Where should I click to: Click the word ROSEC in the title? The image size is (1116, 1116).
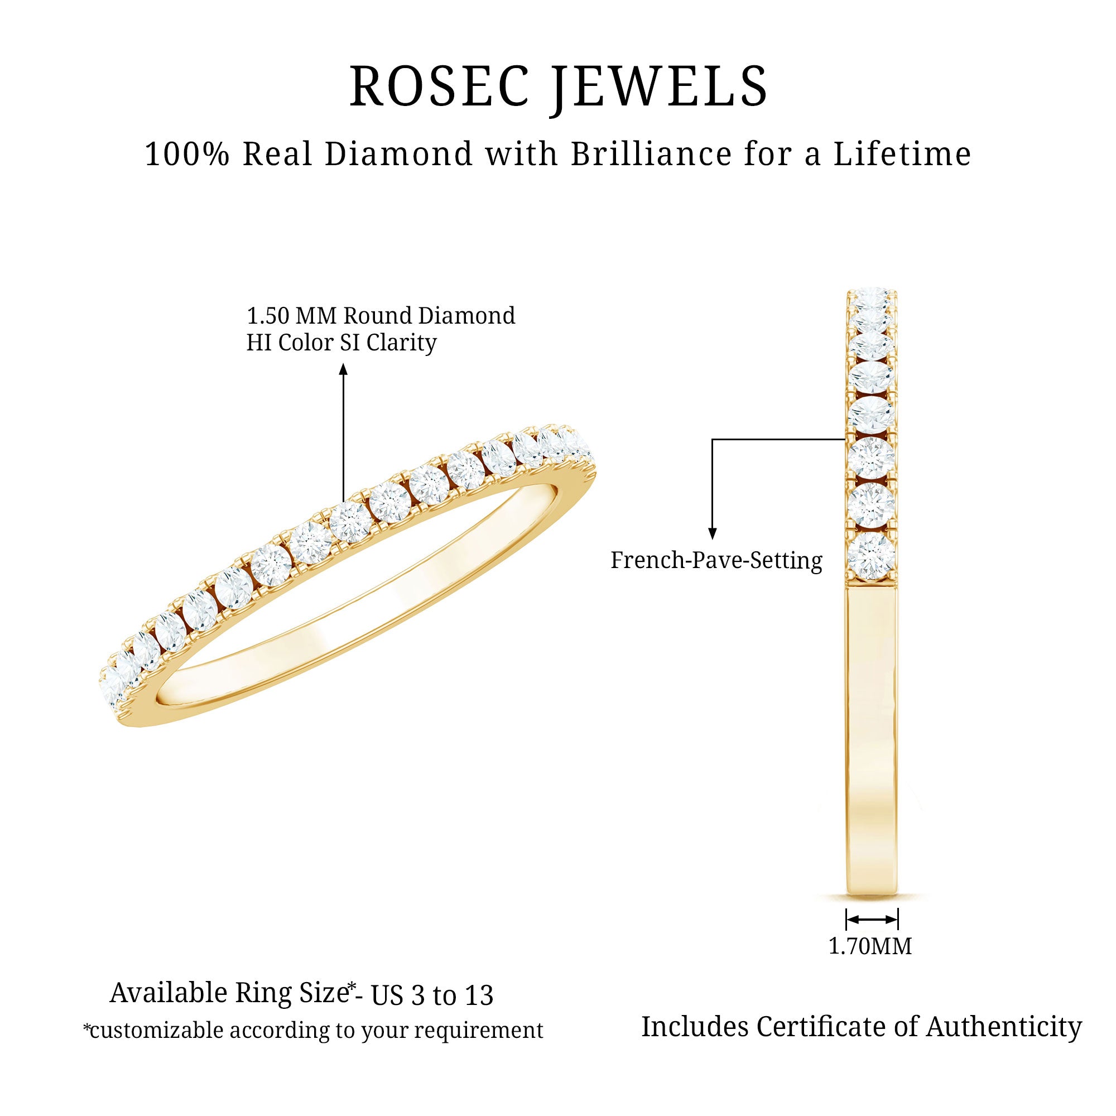click(440, 86)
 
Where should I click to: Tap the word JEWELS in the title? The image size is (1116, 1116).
click(659, 88)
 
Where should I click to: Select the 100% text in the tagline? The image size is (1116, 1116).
click(187, 154)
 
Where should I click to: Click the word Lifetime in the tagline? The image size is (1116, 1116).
click(902, 154)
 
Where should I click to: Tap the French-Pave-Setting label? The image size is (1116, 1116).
click(716, 560)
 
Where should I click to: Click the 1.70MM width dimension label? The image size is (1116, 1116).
click(870, 946)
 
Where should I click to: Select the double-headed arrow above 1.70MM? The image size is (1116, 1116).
click(872, 920)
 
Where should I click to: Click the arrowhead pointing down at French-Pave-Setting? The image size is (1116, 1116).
click(712, 534)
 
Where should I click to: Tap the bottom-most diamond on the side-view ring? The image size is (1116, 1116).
click(872, 556)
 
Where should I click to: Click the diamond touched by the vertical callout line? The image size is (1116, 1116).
click(350, 522)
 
